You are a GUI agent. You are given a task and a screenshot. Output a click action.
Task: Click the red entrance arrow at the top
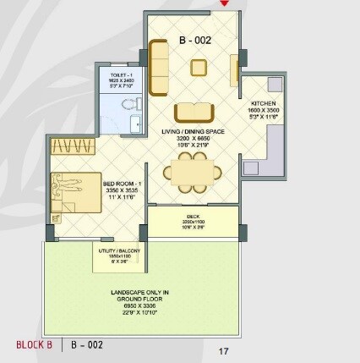224,3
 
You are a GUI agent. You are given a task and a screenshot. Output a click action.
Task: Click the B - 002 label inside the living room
194,40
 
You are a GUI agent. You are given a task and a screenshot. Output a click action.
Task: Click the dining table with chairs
194,173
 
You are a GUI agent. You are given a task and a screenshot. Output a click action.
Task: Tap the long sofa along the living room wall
157,69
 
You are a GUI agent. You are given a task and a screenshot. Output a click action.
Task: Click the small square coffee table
199,68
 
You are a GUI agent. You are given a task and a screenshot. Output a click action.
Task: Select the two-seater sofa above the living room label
194,113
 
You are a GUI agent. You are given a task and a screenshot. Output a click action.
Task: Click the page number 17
223,351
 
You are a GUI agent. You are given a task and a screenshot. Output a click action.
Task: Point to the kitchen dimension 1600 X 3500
264,110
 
